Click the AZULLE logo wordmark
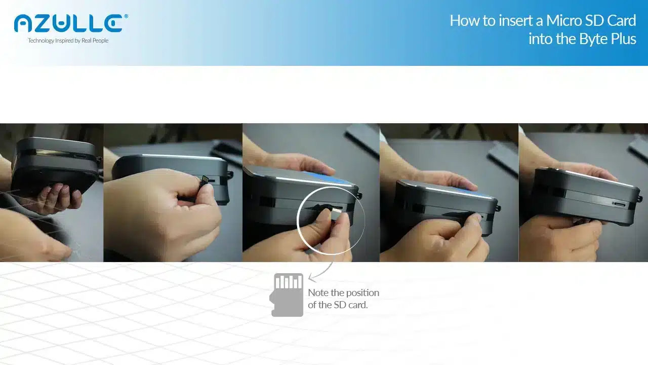point(68,23)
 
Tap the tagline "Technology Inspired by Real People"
point(68,41)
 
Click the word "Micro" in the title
point(564,21)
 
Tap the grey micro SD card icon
point(287,295)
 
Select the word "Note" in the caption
point(318,293)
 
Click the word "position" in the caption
point(363,293)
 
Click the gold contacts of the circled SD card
point(337,209)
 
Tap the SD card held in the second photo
point(205,179)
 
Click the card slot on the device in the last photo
point(619,204)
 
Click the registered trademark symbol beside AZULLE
point(126,17)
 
